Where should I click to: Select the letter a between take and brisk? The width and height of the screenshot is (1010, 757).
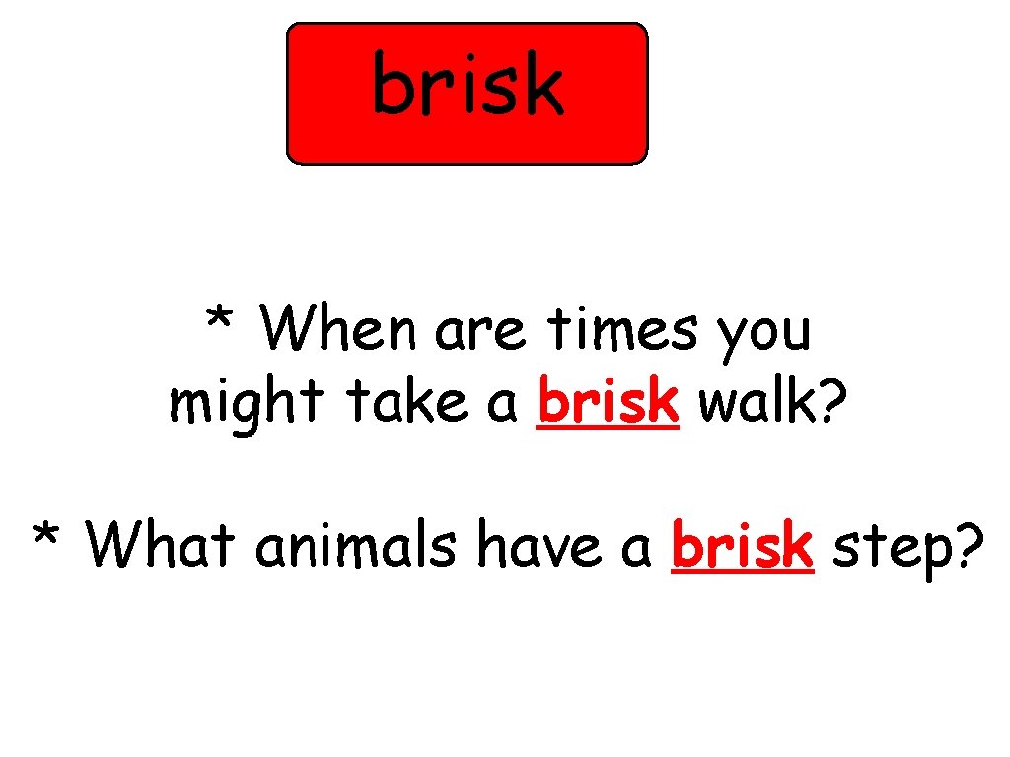(x=503, y=405)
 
